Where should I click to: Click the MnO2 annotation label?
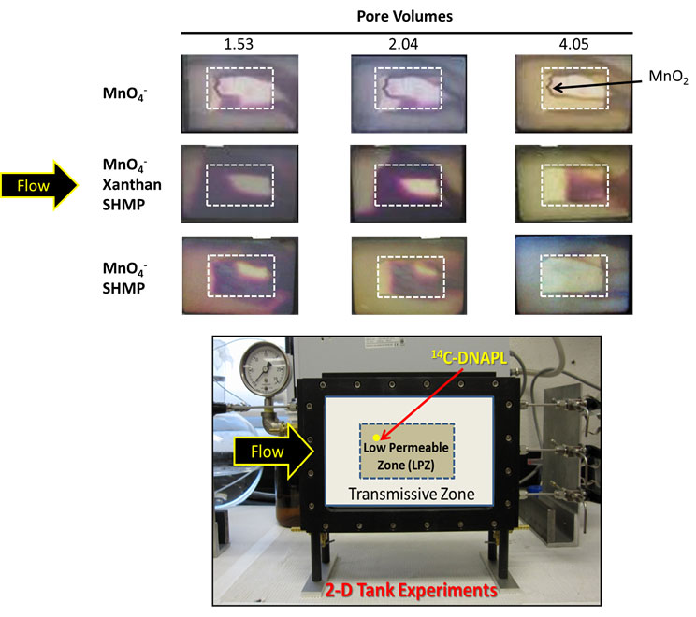tap(665, 80)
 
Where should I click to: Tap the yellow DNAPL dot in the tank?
tap(376, 437)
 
